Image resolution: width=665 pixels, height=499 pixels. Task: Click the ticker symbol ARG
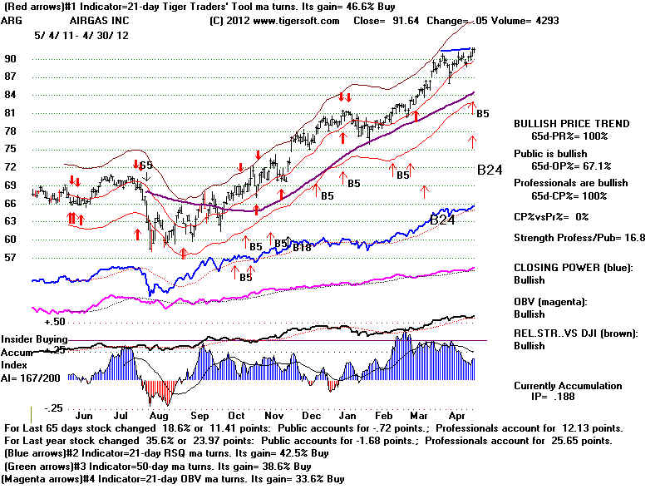(x=12, y=20)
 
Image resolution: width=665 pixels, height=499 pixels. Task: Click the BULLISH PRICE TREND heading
(x=572, y=123)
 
